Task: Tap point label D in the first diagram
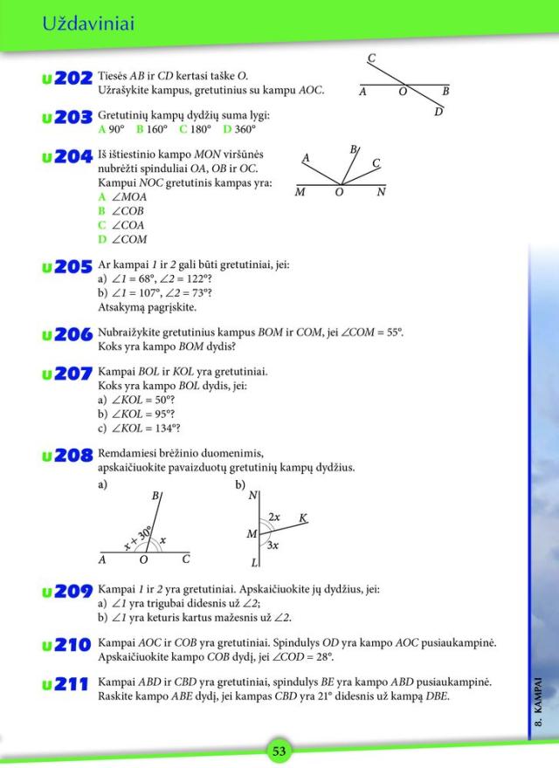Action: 438,112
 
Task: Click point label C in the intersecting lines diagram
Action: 371,59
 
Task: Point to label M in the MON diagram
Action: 300,193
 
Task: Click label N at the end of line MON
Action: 381,193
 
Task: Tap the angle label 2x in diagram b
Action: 273,517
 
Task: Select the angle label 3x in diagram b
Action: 273,545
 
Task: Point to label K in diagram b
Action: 303,518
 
